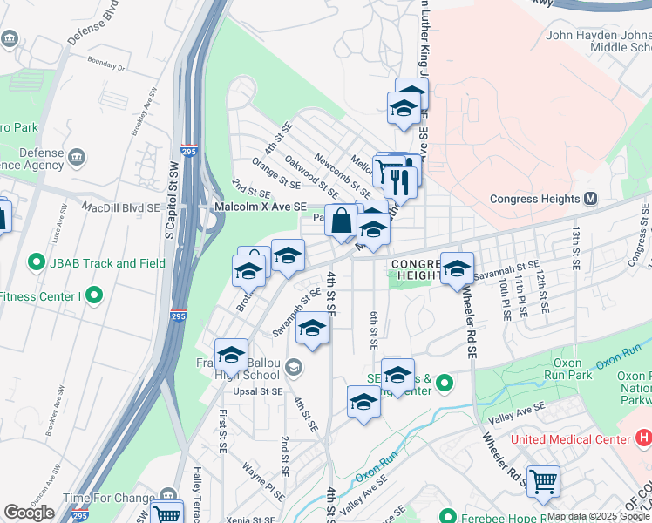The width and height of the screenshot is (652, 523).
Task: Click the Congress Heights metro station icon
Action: [x=590, y=199]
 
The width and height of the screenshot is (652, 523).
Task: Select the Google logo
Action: [x=29, y=513]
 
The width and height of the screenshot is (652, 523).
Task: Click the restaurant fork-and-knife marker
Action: [x=400, y=181]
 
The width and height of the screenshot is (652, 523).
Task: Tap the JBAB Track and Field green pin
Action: [x=36, y=262]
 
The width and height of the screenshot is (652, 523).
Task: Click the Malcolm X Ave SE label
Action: [x=261, y=207]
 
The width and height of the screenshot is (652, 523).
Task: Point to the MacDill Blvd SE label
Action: [x=121, y=208]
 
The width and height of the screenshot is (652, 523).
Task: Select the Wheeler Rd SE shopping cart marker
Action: [x=542, y=480]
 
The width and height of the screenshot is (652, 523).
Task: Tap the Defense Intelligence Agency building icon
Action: [x=77, y=157]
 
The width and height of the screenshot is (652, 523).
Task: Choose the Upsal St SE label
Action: [x=257, y=392]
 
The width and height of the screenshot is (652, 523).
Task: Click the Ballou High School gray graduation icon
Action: [x=293, y=367]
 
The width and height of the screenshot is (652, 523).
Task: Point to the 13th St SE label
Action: [x=576, y=247]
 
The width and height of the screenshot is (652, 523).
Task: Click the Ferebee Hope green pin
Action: [x=450, y=517]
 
